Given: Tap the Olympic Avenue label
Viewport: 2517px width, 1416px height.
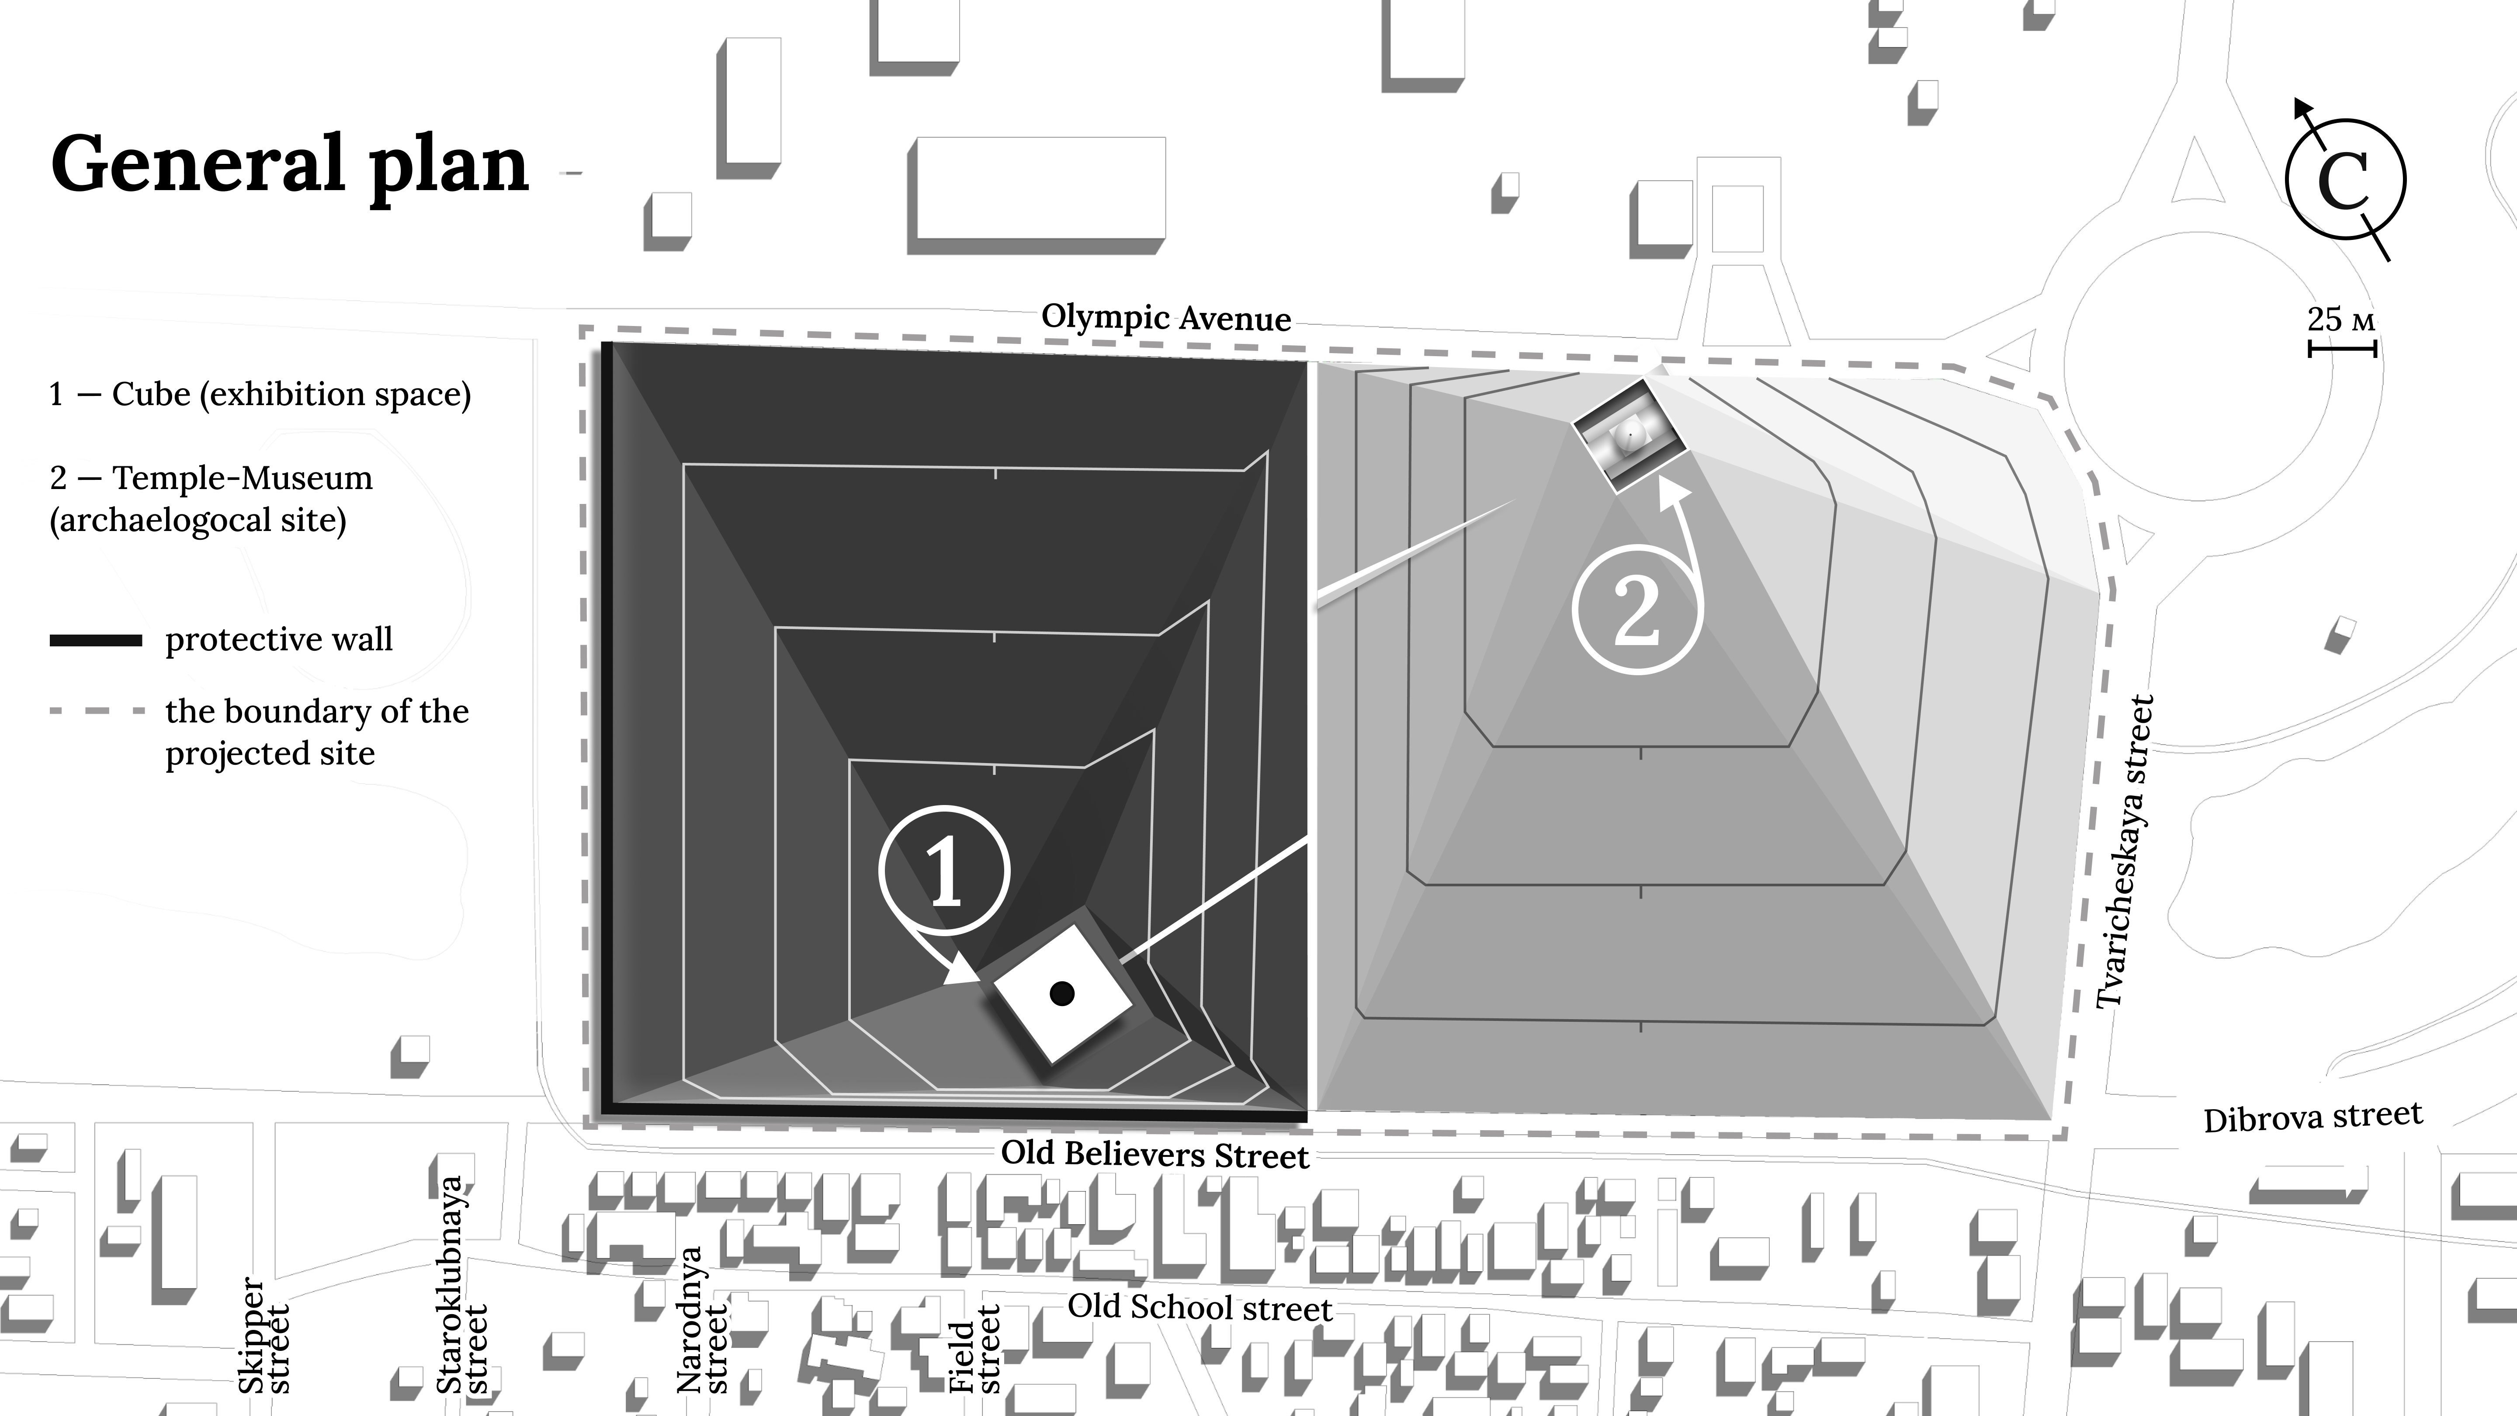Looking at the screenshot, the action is [1166, 318].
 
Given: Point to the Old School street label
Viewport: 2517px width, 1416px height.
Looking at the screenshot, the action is [1200, 1307].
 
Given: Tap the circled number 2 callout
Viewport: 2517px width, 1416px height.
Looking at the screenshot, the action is [1636, 610].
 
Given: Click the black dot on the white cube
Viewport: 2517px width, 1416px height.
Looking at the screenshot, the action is [1062, 994].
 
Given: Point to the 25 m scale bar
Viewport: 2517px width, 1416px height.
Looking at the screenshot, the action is [2342, 348].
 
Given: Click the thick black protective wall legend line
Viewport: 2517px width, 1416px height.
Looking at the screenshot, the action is [96, 641].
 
